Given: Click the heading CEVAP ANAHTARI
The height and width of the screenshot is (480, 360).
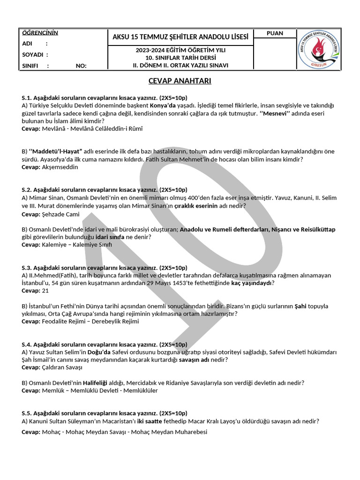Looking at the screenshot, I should point(180,81).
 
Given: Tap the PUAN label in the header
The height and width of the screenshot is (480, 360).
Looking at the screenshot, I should point(275,33).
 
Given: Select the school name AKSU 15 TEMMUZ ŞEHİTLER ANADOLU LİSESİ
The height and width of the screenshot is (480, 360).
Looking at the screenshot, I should point(180,37).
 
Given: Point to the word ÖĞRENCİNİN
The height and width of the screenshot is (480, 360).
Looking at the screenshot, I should point(40,33).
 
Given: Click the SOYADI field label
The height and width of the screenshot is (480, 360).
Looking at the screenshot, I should point(32,54).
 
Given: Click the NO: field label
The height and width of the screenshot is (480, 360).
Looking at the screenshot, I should point(81,66).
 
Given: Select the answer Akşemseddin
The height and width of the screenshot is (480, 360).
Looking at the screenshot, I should point(60,167).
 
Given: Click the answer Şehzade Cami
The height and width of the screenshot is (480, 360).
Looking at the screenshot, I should point(60,214).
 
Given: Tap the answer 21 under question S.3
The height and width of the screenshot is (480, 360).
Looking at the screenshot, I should point(45,291).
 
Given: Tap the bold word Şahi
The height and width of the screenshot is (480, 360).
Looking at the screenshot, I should point(300,306).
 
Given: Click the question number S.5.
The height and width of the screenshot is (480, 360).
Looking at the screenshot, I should point(27,413).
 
